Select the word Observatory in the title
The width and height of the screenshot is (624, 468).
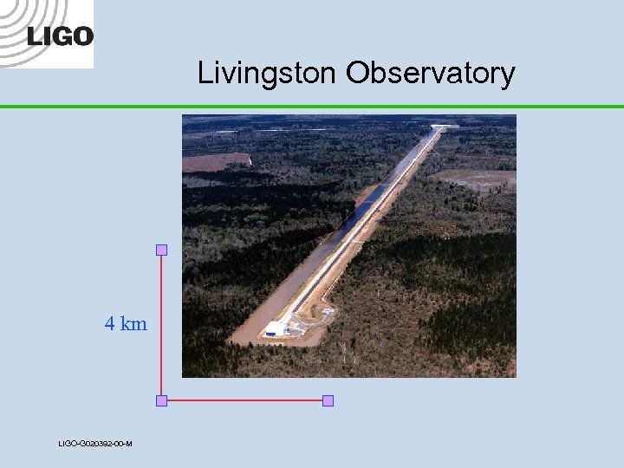pos(431,73)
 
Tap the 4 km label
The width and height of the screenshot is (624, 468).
pos(126,324)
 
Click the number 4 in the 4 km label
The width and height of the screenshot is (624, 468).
pos(110,324)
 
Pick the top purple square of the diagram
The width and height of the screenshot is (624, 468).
pos(161,250)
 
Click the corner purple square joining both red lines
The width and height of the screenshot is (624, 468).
pos(161,400)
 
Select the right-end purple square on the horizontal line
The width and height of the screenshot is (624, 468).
pos(328,400)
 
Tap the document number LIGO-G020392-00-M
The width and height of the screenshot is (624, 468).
pos(95,444)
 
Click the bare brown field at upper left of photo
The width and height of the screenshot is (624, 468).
pos(216,162)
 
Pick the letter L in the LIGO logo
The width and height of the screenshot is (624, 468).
pos(34,36)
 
